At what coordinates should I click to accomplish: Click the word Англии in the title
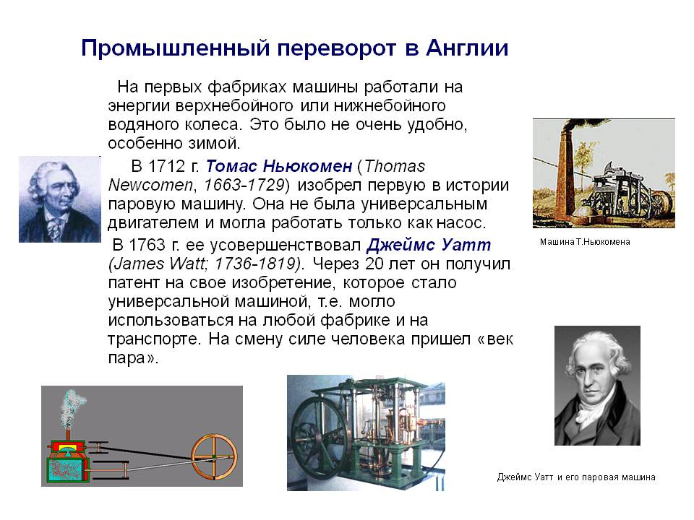pyautogui.click(x=467, y=48)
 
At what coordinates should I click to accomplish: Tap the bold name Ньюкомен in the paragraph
pyautogui.click(x=308, y=166)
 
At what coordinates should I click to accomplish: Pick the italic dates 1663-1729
pyautogui.click(x=244, y=185)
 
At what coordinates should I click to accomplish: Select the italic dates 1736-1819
pyautogui.click(x=255, y=264)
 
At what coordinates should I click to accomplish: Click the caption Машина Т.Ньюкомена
pyautogui.click(x=585, y=242)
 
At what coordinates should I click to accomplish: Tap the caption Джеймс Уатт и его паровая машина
pyautogui.click(x=576, y=477)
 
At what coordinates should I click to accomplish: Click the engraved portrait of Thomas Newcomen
pyautogui.click(x=60, y=199)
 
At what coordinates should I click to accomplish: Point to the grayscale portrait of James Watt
pyautogui.click(x=597, y=386)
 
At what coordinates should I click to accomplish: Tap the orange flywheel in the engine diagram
pyautogui.click(x=214, y=457)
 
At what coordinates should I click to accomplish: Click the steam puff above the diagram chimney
pyautogui.click(x=72, y=407)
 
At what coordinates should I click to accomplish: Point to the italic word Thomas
pyautogui.click(x=395, y=166)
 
